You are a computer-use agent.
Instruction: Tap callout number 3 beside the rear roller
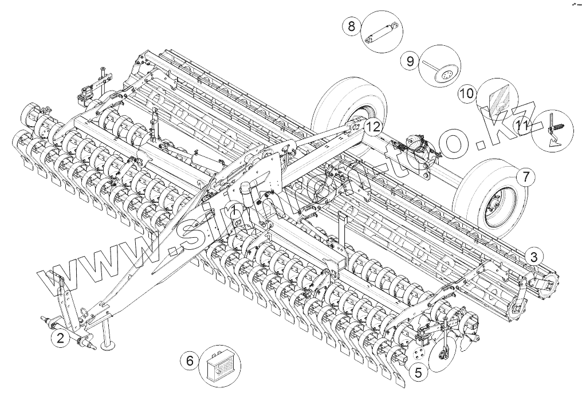532,256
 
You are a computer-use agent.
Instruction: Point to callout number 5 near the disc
418,372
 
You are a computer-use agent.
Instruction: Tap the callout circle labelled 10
466,93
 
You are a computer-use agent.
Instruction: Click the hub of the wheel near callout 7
493,203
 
